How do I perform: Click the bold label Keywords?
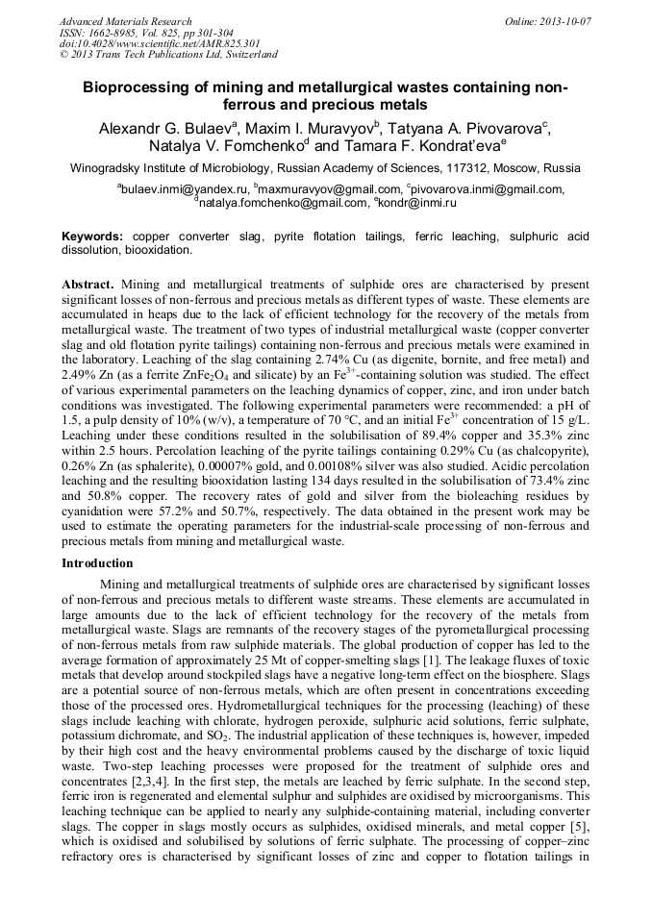pos(92,237)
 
